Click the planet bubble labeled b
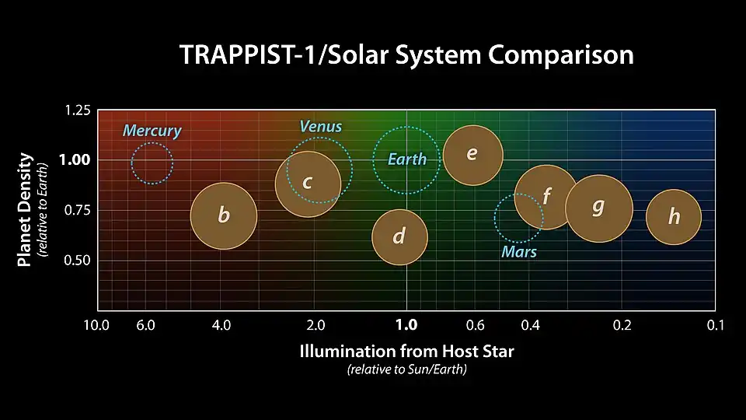[224, 216]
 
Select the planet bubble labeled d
[399, 236]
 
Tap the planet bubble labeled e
[472, 155]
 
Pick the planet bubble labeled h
[674, 217]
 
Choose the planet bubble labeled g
[598, 208]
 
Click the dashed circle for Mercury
[152, 163]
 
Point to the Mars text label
[519, 252]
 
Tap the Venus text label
[320, 126]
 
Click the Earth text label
[407, 159]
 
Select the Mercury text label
[152, 131]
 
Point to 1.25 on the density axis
[77, 111]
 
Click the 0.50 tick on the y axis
[77, 260]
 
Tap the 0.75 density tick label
[77, 210]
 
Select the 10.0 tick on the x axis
[96, 325]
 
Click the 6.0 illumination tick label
[145, 325]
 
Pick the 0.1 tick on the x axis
[716, 325]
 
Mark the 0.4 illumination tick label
[530, 325]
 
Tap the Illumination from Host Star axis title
[406, 351]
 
